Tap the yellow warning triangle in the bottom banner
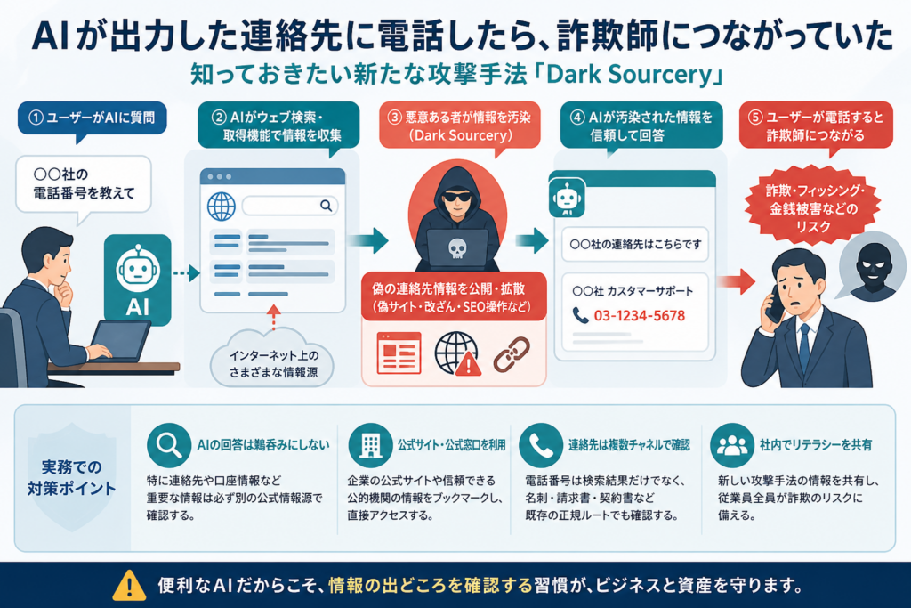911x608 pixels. coord(129,585)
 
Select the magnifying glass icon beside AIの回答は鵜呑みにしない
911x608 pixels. coord(168,445)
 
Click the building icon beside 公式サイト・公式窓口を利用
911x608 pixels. coord(370,445)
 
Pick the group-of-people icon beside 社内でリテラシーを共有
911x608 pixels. coord(732,445)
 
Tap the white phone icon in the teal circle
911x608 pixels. coord(541,445)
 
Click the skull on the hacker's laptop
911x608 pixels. coord(457,248)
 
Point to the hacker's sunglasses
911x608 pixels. coord(457,197)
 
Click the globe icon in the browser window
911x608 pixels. coord(222,207)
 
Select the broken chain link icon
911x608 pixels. coord(512,353)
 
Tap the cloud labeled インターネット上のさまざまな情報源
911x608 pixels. coord(273,361)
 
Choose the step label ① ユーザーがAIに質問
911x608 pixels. coord(93,118)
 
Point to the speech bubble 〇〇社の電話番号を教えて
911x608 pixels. coord(84,183)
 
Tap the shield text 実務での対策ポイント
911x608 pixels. coord(71,478)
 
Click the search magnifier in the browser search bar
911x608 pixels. coord(326,205)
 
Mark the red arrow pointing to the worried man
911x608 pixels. coord(736,282)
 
